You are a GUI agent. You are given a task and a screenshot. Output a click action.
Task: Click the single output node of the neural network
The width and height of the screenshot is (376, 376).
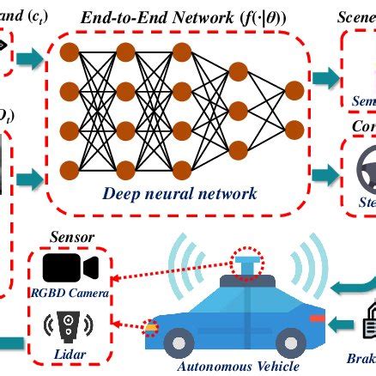point(294,88)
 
